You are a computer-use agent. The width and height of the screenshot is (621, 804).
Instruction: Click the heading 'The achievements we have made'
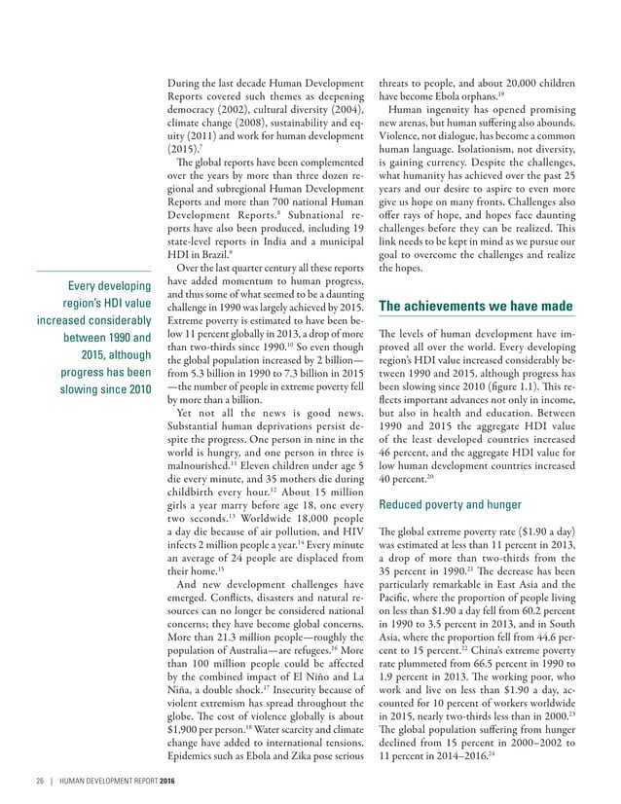474,307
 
